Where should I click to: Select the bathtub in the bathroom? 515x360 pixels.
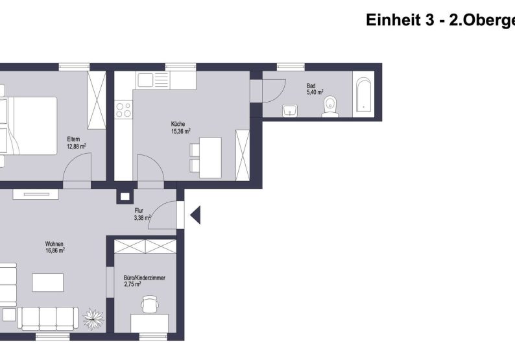pos(363,96)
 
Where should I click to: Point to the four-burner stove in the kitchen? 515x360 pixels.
pos(123,110)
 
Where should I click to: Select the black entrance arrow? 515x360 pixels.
pos(195,215)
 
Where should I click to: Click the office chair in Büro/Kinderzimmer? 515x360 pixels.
pos(150,304)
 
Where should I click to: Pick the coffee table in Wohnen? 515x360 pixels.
pos(48,283)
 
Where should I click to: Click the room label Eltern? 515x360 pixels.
pos(73,139)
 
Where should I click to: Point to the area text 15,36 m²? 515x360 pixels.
pos(180,131)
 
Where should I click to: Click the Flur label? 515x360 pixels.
pos(139,211)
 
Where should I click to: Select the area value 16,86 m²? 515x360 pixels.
pos(55,250)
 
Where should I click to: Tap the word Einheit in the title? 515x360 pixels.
pos(391,20)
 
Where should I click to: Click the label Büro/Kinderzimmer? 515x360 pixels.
pos(144,278)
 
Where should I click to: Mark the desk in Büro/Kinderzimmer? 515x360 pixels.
pos(149,323)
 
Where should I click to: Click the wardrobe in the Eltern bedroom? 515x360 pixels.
pos(97,101)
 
